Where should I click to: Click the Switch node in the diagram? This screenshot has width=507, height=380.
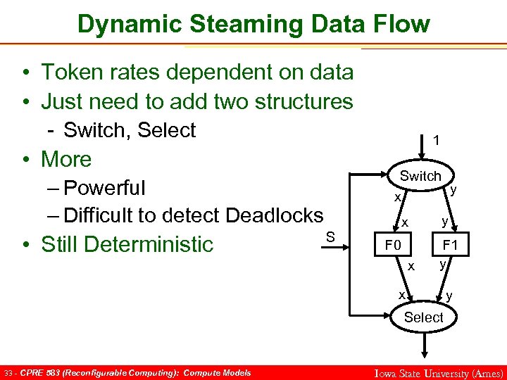[x=420, y=176]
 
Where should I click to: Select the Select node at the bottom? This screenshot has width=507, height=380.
[x=423, y=317]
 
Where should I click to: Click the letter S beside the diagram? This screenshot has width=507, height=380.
[x=330, y=235]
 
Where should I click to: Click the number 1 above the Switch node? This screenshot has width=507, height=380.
[x=437, y=141]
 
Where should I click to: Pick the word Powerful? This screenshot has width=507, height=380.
[x=104, y=188]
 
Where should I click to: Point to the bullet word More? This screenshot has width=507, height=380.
[x=66, y=159]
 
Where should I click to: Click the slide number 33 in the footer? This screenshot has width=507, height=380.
[x=9, y=372]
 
